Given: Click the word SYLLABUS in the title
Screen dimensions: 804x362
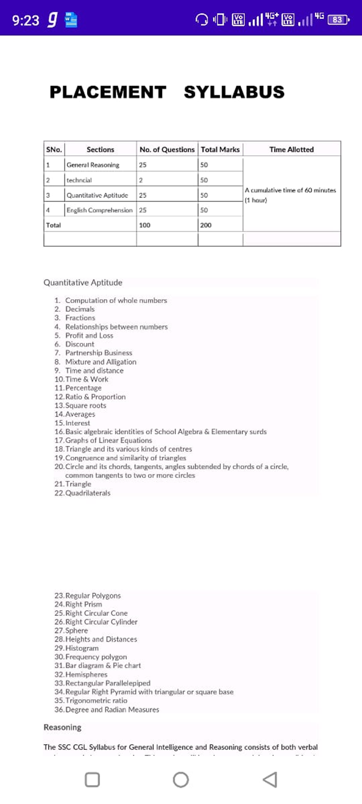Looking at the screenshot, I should (234, 92).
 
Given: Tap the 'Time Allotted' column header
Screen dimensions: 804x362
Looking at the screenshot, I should (291, 149).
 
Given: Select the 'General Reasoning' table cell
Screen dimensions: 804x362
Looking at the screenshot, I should (93, 165).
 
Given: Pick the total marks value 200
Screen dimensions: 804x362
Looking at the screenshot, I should (206, 225).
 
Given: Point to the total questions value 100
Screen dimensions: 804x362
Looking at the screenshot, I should (145, 225).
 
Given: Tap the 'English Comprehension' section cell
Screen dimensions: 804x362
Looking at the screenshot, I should (100, 210).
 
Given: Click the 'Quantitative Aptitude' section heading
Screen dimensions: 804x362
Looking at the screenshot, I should (83, 283).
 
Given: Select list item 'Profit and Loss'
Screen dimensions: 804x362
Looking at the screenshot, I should (89, 336).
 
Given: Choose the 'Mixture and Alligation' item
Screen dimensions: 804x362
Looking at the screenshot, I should (101, 362).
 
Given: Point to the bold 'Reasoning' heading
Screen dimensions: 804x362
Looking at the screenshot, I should (62, 727).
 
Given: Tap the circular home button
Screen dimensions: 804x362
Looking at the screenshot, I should (181, 780).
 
